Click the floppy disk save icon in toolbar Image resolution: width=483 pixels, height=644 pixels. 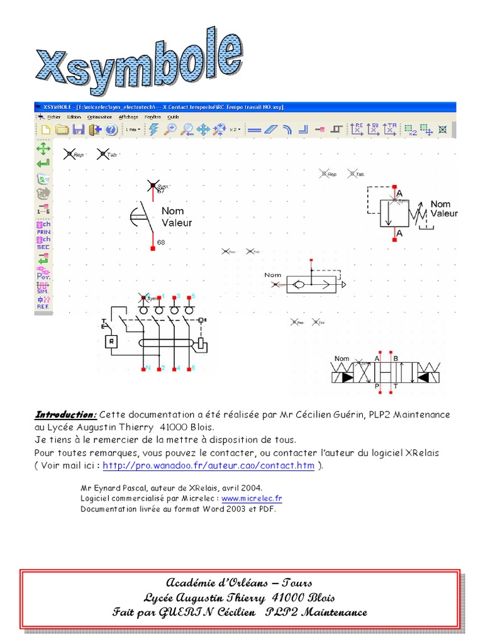coord(78,130)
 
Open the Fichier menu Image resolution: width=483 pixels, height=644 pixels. coord(53,117)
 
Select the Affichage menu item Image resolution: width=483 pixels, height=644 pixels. coord(128,117)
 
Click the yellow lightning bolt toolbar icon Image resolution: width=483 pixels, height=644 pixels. coord(153,130)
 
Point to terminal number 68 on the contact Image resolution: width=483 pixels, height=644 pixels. coord(161,242)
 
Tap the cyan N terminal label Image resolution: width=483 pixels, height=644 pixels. coord(147,367)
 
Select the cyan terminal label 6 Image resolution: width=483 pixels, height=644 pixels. coord(193,367)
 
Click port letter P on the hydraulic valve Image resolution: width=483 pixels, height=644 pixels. coord(377,386)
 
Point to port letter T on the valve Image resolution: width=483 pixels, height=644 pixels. coord(395,386)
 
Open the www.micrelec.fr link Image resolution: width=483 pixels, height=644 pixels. coord(252,498)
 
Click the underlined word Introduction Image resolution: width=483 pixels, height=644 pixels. coord(65,415)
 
